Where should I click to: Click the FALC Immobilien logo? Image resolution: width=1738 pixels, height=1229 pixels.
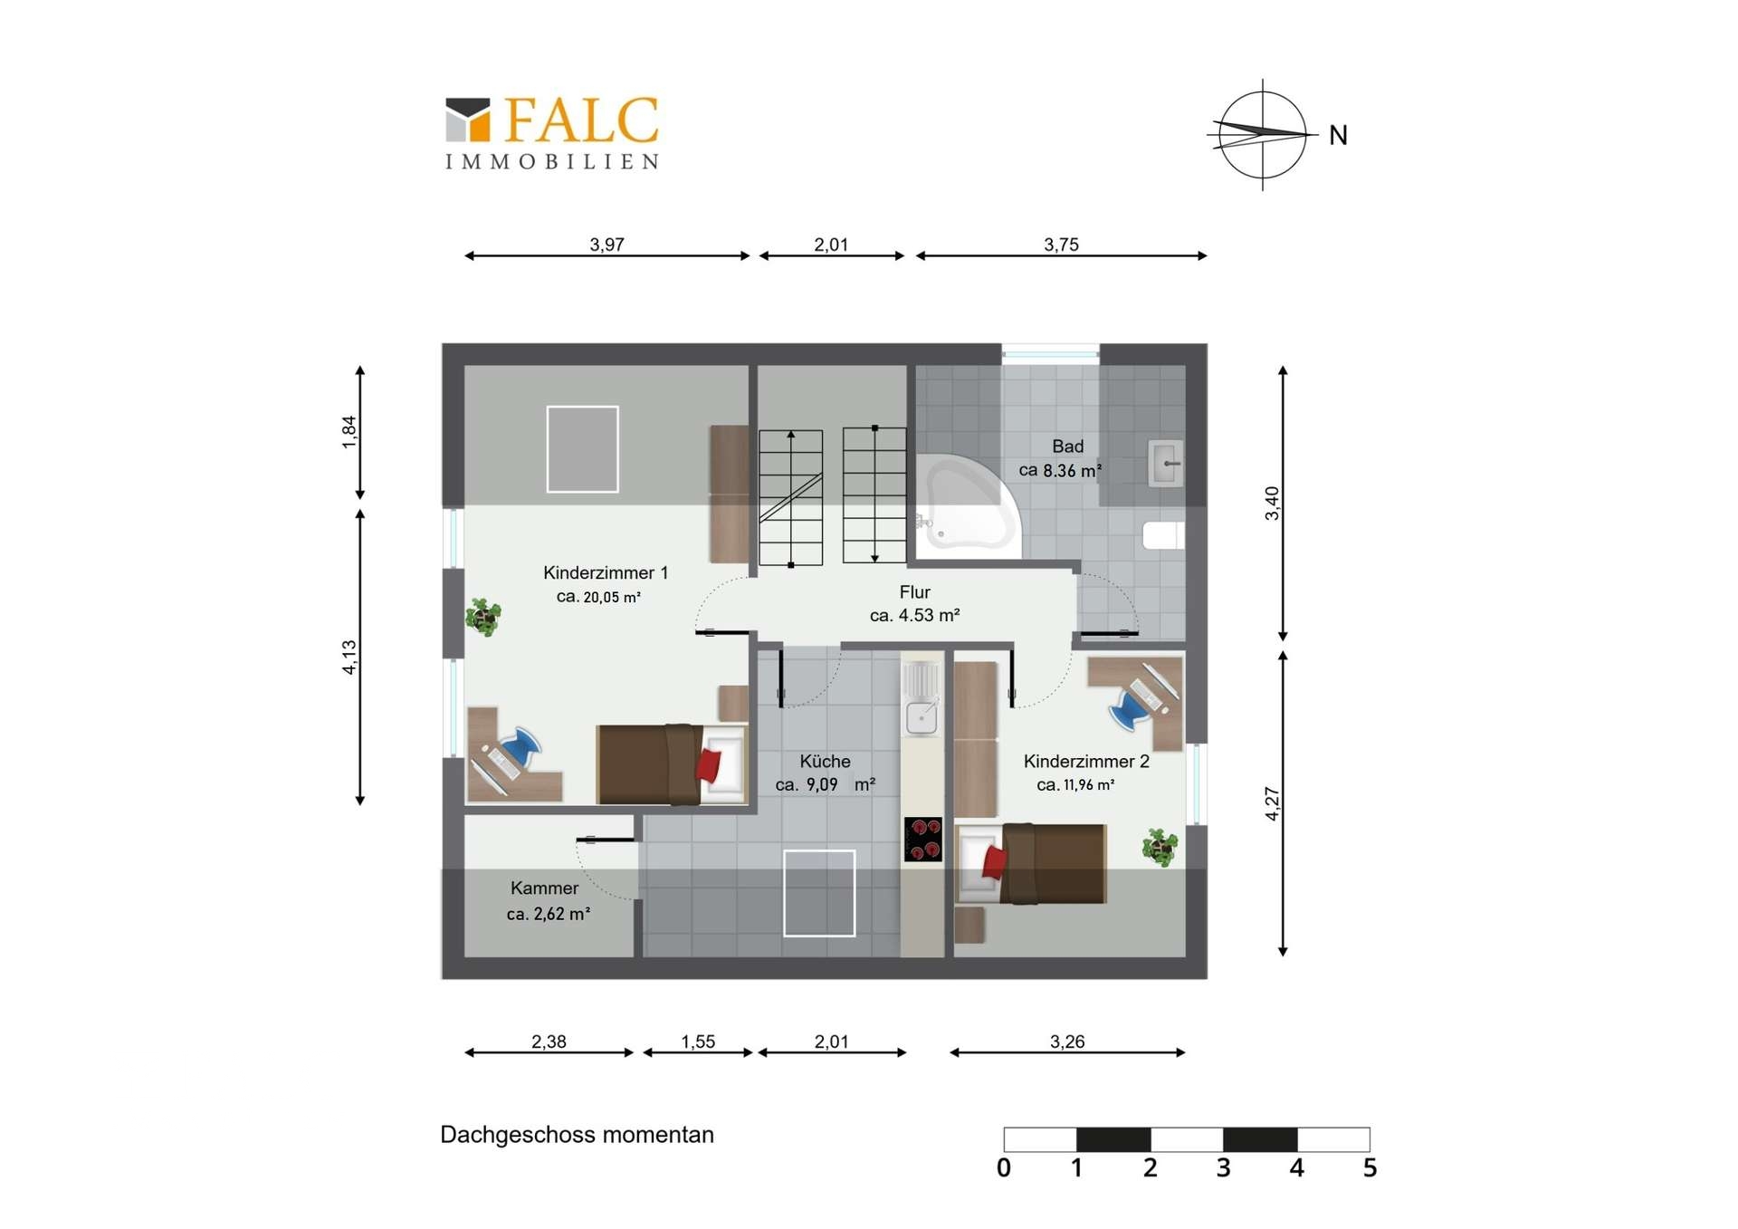click(552, 133)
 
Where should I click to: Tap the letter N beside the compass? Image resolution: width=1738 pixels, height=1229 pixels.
click(1338, 136)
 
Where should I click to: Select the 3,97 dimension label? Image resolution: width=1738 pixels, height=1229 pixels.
click(606, 245)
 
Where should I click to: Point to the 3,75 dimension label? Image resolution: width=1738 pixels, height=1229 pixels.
click(1061, 245)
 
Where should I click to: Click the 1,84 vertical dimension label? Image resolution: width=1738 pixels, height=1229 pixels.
click(349, 432)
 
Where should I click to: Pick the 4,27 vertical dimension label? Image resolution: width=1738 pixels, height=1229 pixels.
click(1272, 803)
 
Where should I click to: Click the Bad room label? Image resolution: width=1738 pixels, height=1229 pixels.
click(1067, 446)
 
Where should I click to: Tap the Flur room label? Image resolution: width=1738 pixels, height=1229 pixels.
click(914, 592)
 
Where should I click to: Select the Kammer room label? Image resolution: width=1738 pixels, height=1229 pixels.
click(544, 888)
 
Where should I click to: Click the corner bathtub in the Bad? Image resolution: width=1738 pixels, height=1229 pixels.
click(964, 503)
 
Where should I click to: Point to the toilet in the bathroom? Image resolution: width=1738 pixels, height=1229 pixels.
click(1163, 535)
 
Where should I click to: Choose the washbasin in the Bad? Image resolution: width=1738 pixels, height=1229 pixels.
click(1166, 464)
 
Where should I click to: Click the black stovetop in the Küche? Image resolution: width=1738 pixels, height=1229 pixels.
click(922, 839)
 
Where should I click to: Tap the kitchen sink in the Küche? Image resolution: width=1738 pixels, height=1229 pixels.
click(922, 717)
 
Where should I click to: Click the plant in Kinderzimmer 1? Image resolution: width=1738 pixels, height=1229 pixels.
click(483, 617)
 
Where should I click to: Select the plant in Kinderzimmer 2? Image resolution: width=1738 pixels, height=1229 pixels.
click(1160, 848)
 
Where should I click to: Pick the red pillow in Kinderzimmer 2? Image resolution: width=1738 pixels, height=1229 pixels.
click(994, 861)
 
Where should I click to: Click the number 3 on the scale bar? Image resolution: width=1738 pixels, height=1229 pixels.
click(1223, 1168)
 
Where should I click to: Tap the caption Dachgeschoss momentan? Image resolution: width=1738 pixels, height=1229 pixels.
click(577, 1135)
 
